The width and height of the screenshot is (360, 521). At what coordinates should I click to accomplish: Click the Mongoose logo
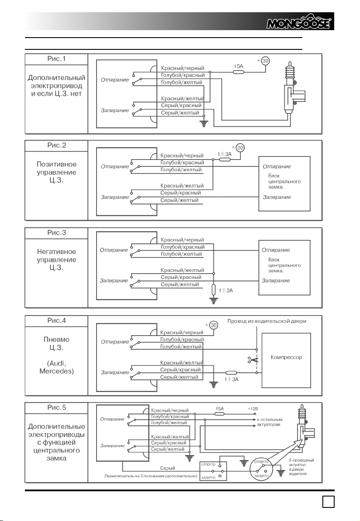[298, 22]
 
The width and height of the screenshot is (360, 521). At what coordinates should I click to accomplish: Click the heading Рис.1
[56, 59]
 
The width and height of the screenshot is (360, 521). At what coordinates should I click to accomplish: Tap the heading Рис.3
[56, 233]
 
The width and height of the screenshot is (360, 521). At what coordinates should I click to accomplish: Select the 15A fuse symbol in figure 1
[238, 72]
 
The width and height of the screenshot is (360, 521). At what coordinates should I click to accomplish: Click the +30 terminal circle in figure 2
[240, 148]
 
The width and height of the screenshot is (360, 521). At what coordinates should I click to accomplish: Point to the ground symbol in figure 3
[213, 301]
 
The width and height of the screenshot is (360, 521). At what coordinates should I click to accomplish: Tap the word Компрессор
[286, 357]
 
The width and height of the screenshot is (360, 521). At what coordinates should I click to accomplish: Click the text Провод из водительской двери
[266, 321]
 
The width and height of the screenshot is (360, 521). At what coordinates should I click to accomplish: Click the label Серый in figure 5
[168, 468]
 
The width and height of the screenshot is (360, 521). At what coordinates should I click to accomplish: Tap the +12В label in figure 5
[253, 409]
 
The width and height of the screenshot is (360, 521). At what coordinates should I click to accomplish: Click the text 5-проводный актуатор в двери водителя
[301, 467]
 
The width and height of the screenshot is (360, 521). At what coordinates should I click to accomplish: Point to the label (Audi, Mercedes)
[56, 367]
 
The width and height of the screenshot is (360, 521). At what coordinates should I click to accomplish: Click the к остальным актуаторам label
[269, 422]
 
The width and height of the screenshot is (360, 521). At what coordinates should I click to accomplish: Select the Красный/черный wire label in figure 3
[182, 240]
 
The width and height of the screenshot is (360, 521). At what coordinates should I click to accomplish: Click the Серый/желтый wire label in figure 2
[179, 200]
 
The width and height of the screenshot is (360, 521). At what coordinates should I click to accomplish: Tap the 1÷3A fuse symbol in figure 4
[231, 373]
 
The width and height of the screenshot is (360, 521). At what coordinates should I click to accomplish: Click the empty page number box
[329, 501]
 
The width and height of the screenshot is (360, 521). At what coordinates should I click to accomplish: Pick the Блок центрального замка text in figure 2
[284, 181]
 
